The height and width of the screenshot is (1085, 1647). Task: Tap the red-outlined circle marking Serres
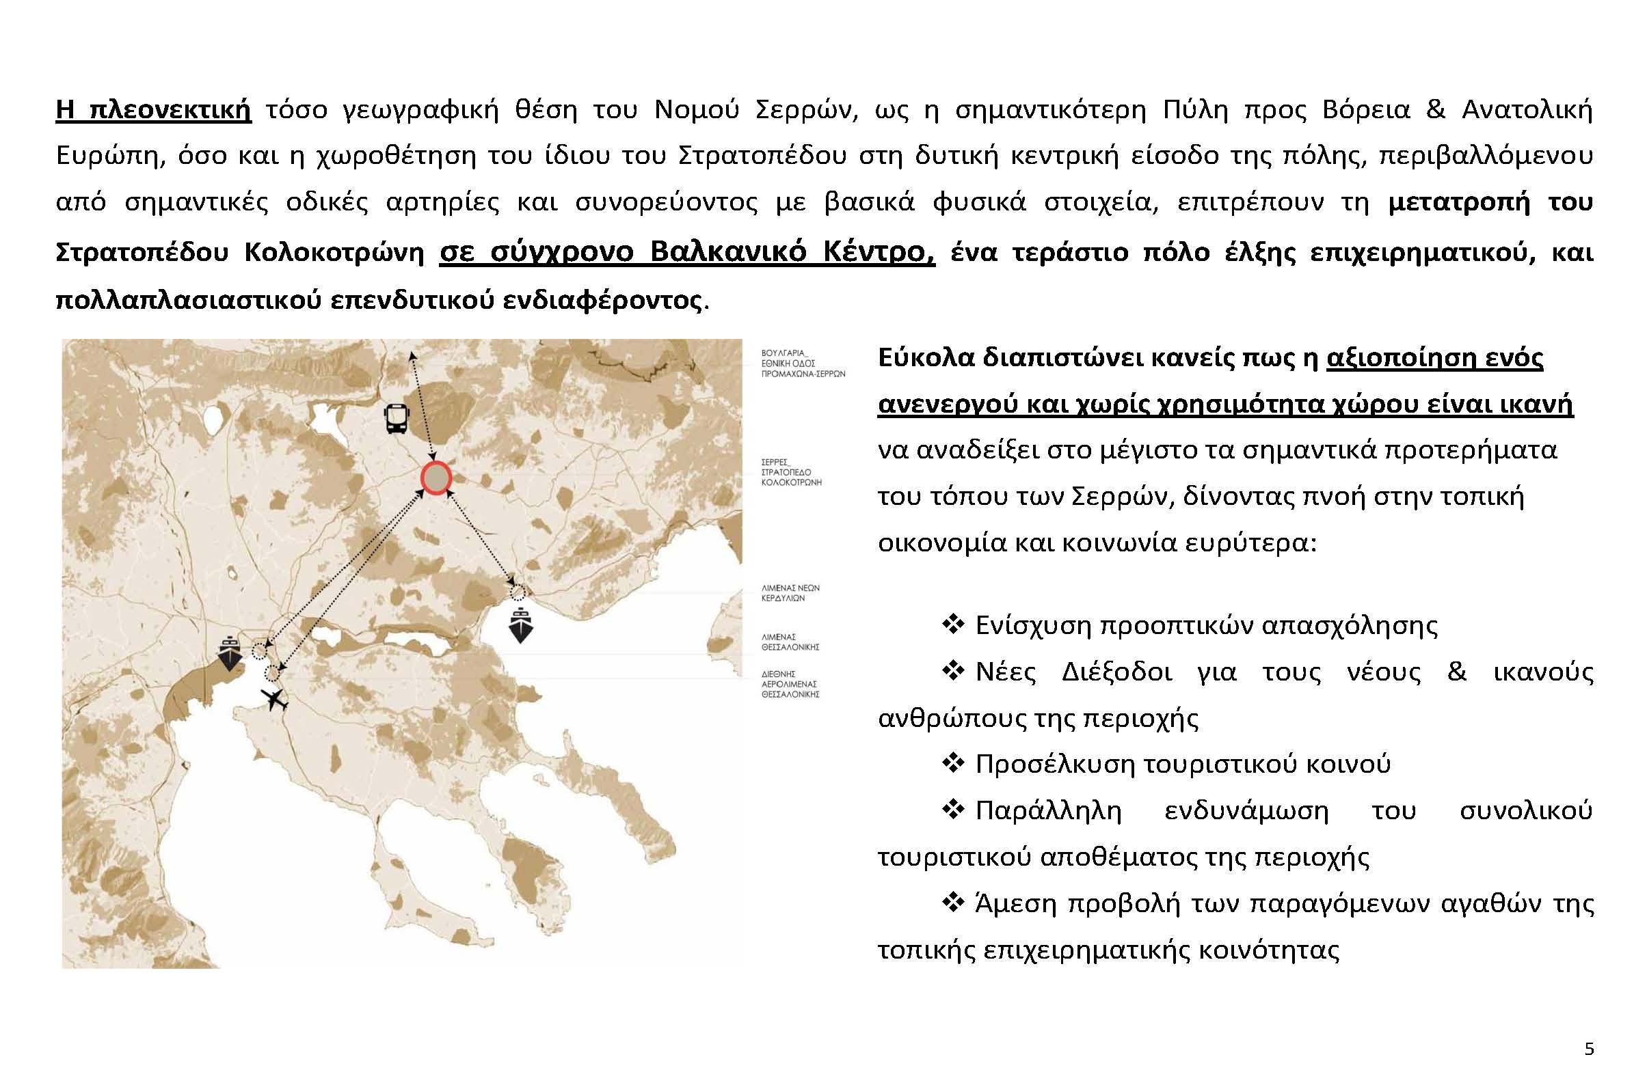436,479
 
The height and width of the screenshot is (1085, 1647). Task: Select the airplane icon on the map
276,700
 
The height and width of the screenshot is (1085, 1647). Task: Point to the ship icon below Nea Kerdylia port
520,625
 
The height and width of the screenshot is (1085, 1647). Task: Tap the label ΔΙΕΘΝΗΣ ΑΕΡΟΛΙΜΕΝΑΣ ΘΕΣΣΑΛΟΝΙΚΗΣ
790,683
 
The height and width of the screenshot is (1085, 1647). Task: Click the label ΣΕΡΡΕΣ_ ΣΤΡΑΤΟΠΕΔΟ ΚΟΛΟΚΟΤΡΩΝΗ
791,472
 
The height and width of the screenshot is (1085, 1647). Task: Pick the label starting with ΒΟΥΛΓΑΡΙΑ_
803,363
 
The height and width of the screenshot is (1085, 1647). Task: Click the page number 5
1589,1049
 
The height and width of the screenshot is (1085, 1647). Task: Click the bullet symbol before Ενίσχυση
953,625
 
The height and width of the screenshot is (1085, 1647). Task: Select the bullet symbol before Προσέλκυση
953,763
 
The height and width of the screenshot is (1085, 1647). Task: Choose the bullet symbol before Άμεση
953,903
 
